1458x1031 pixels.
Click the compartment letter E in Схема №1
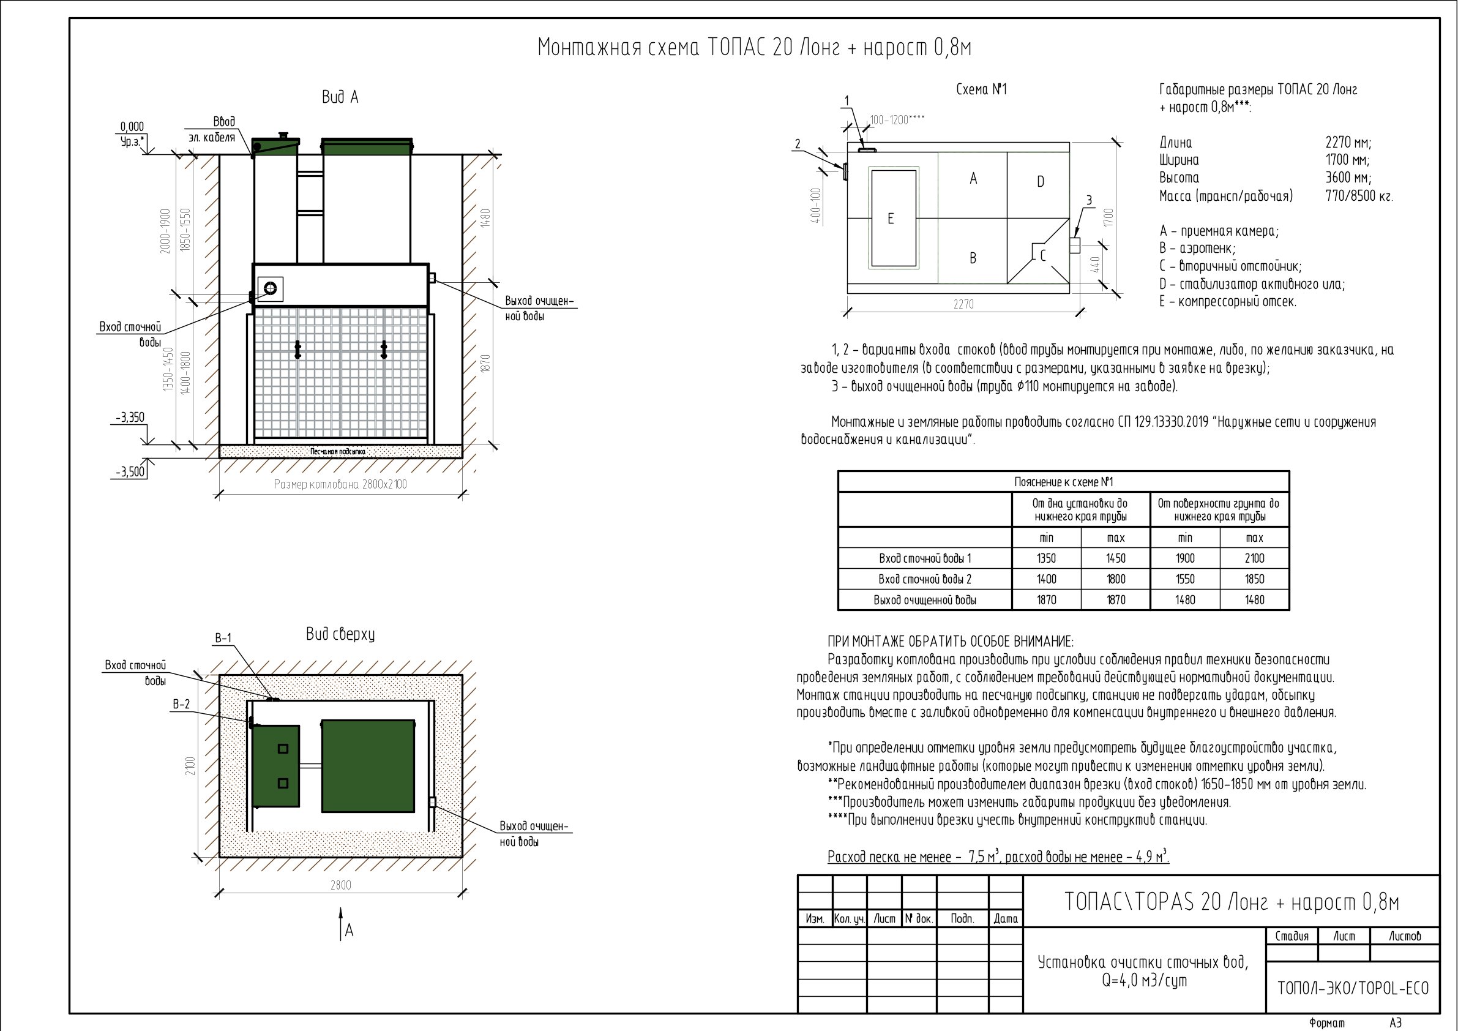point(891,219)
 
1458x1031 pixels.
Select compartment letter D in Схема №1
point(1040,182)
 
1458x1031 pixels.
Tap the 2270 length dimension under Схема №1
point(963,304)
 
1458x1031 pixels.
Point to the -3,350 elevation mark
point(130,418)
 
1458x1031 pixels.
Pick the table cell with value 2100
point(1254,558)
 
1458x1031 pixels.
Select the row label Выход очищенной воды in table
point(925,599)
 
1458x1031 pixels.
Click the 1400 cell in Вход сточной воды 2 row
point(1046,579)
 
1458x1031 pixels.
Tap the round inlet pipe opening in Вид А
point(271,288)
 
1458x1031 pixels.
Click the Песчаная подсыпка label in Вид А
point(338,452)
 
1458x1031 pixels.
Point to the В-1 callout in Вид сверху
point(223,639)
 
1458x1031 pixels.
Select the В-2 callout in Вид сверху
point(181,705)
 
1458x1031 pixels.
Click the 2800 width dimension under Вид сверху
point(340,885)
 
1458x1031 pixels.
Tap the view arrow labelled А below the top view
point(342,923)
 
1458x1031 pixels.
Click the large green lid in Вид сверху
point(368,766)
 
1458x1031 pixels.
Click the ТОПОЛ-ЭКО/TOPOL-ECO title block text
point(1353,988)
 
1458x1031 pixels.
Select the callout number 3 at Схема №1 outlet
point(1089,201)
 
